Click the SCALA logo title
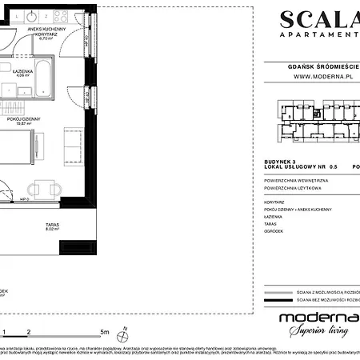coord(318,19)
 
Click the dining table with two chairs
coord(43,189)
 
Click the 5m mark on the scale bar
coord(104,330)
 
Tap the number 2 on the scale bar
coord(30,330)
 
